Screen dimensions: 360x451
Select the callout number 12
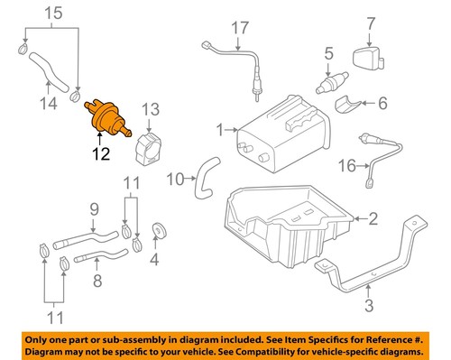click(x=99, y=153)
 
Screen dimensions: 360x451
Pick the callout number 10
click(x=179, y=177)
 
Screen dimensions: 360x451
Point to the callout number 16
click(x=347, y=166)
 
